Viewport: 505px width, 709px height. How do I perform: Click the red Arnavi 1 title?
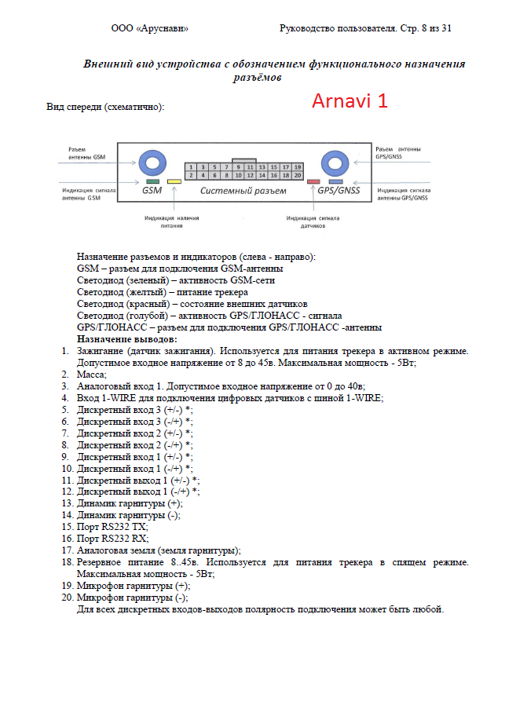pyautogui.click(x=349, y=101)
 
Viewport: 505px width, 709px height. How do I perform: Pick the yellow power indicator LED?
pyautogui.click(x=174, y=181)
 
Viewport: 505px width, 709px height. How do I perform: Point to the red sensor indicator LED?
pyautogui.click(x=313, y=181)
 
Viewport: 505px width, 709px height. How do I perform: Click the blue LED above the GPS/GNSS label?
pyautogui.click(x=335, y=181)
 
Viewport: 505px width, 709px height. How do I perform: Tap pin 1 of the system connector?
pyautogui.click(x=192, y=167)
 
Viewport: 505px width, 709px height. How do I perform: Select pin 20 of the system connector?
pyautogui.click(x=297, y=176)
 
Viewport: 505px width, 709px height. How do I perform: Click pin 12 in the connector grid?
pyautogui.click(x=250, y=176)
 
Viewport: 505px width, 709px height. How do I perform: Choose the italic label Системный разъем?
pyautogui.click(x=243, y=191)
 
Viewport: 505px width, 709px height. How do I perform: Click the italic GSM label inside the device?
pyautogui.click(x=152, y=191)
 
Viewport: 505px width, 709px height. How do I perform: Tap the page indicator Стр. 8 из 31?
pyautogui.click(x=423, y=29)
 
